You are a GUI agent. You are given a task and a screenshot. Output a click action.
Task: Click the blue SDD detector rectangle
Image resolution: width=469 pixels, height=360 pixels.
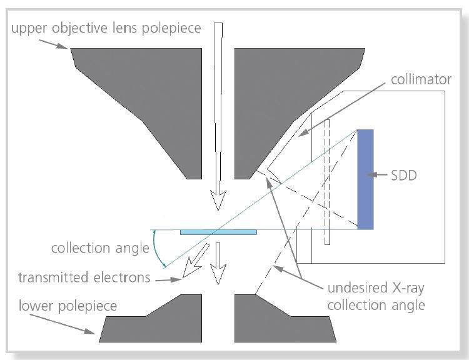(365, 179)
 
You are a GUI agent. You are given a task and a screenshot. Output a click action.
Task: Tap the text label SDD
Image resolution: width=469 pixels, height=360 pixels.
(404, 176)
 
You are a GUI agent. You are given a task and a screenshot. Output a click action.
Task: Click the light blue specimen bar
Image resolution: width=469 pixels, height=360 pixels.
(218, 232)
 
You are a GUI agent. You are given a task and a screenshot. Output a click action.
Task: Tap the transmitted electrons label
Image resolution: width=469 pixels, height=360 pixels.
(84, 277)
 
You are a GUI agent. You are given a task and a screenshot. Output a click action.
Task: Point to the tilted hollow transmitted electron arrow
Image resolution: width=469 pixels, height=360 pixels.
(194, 262)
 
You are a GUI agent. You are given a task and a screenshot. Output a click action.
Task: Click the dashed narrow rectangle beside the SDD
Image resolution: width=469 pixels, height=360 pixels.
(326, 181)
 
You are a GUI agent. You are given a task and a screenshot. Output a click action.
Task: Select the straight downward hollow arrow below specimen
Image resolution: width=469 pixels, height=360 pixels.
(218, 262)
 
